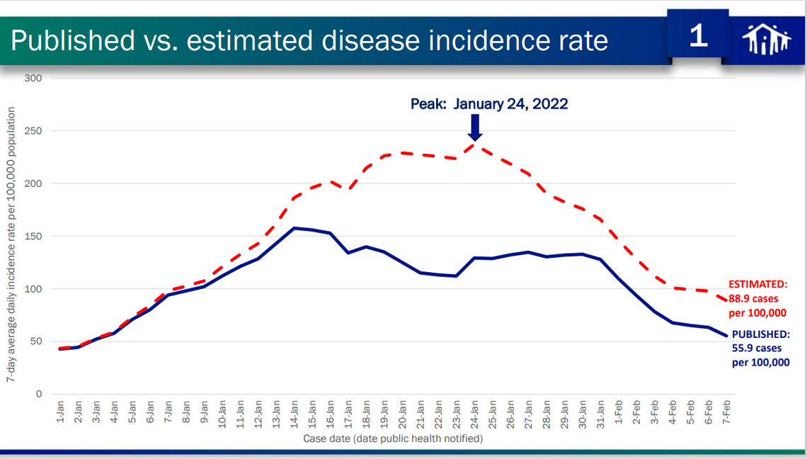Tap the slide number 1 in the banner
698,36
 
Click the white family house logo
766,39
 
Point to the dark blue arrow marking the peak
475,127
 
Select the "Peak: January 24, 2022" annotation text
489,104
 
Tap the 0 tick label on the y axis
40,394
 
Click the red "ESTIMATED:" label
758,285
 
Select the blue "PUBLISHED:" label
760,334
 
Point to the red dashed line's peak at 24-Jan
475,144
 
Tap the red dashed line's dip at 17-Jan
349,189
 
